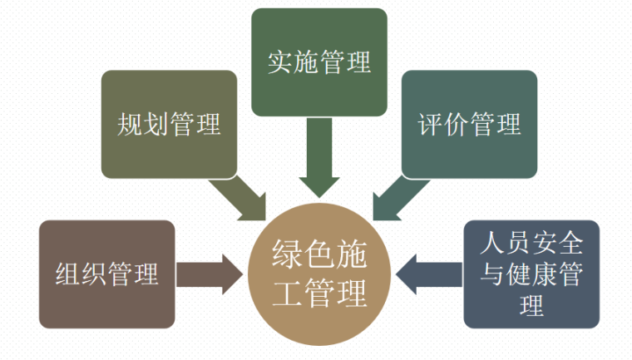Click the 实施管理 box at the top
319,62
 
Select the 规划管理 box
170,124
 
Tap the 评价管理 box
470,124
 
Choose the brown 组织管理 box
106,274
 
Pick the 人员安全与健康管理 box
531,274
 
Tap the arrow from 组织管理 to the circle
208,274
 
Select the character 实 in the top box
280,62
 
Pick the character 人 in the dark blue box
492,244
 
